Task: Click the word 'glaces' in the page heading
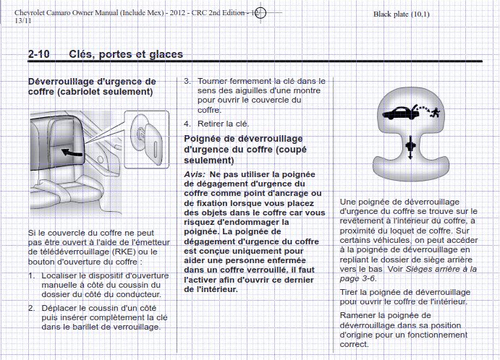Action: (x=164, y=54)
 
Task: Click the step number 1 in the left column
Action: (x=31, y=275)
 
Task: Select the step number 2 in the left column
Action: (x=31, y=307)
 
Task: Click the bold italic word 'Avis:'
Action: (x=195, y=176)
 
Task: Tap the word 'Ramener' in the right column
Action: (x=360, y=315)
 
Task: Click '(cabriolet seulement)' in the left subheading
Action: (x=90, y=92)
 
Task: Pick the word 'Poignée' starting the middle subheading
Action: (x=204, y=137)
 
